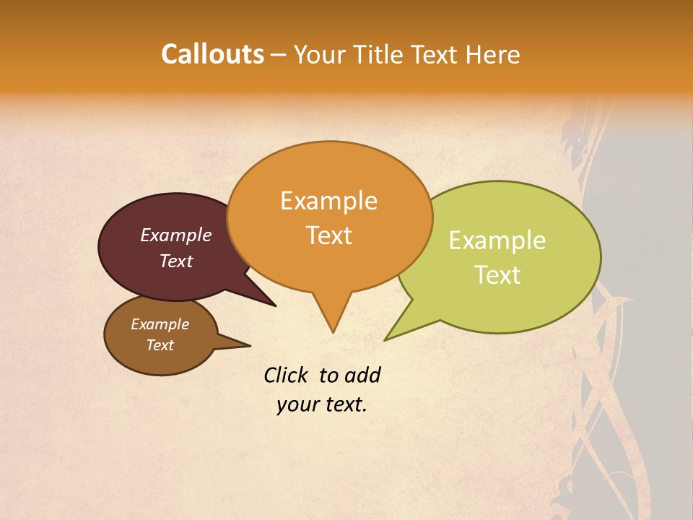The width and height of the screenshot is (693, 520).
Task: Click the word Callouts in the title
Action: [212, 55]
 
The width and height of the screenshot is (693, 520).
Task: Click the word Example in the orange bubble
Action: [328, 201]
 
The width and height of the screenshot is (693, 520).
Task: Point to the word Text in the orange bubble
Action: [329, 235]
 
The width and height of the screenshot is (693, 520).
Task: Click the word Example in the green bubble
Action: [497, 240]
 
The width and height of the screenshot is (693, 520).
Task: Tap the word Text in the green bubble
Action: [498, 275]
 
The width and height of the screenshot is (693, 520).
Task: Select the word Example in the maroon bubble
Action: [176, 235]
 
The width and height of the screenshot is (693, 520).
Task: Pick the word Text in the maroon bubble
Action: [176, 261]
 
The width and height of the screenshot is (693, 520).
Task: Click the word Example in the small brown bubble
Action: [160, 325]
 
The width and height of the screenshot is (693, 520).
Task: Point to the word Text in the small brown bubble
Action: [160, 345]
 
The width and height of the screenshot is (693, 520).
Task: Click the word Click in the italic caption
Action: [287, 376]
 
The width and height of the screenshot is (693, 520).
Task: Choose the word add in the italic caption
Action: [362, 376]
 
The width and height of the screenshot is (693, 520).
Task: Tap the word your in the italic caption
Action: [295, 404]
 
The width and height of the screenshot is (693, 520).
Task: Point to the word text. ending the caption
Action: [344, 404]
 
